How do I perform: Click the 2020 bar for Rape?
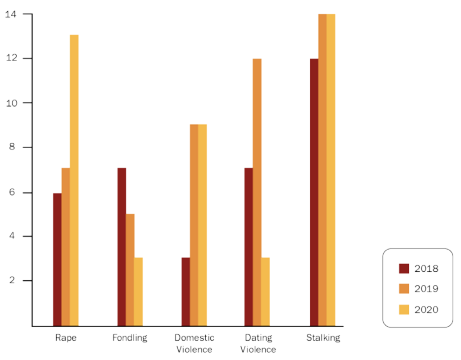[x=74, y=180]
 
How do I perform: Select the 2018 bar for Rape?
[x=57, y=259]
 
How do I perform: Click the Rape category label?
[x=66, y=337]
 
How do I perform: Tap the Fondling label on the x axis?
[x=130, y=337]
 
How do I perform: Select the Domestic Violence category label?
[x=194, y=343]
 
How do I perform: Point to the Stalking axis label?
[x=323, y=337]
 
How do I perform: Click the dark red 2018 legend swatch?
[x=404, y=269]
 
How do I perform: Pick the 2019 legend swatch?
[x=404, y=289]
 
